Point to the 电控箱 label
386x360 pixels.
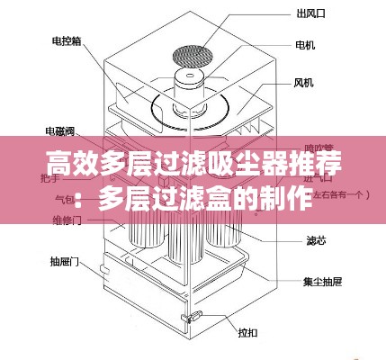click(66, 41)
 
